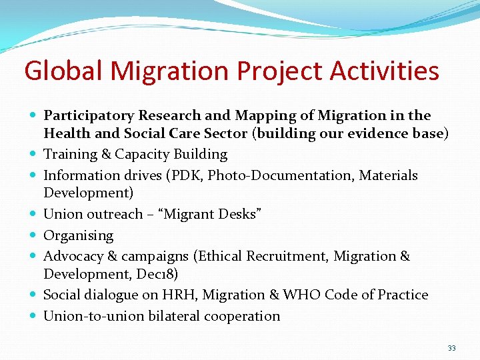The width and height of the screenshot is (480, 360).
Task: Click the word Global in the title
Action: pos(63,71)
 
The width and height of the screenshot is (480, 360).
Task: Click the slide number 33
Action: pos(452,349)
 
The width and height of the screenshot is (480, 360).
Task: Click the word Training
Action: pos(70,154)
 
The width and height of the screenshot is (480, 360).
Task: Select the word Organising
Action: pos(78,235)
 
